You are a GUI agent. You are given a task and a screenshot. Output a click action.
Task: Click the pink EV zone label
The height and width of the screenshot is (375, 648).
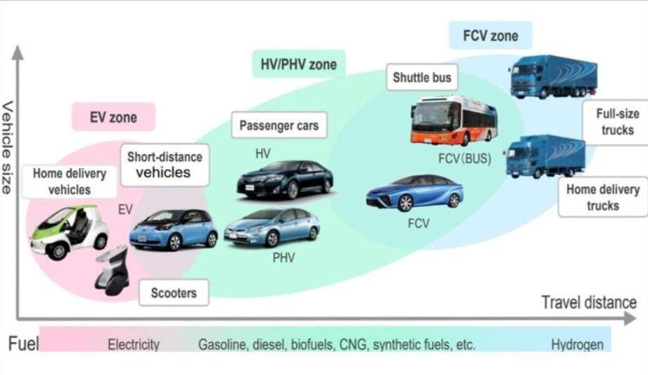tap(113, 117)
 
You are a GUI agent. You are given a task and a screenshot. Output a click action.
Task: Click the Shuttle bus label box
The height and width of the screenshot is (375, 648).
tap(421, 77)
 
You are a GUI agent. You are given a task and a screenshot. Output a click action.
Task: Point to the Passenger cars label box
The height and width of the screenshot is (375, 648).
tap(279, 126)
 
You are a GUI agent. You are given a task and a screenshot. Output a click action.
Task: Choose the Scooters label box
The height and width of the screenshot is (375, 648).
tap(174, 292)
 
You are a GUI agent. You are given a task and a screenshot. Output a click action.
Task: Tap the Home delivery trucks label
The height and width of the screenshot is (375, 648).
tap(602, 197)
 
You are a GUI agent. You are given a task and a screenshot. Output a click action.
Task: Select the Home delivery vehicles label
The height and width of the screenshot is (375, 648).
tap(69, 181)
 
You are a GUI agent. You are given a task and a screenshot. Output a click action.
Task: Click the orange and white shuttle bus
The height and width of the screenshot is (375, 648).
tap(453, 120)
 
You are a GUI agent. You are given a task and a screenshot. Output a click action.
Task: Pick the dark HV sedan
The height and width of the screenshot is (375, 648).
tap(284, 179)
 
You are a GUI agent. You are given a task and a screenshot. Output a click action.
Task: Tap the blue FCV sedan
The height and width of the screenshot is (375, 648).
tap(414, 192)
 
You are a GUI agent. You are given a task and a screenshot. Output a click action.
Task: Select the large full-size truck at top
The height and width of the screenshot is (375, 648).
tap(553, 75)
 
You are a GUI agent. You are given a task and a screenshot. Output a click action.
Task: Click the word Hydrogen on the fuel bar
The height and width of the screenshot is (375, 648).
tap(577, 345)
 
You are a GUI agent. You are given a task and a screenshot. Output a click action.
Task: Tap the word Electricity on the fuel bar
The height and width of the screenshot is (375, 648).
tap(134, 345)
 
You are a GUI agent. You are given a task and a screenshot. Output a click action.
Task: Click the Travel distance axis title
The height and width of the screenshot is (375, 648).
tap(588, 303)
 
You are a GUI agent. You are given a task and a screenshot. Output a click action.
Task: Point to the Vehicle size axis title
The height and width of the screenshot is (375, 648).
tap(8, 148)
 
